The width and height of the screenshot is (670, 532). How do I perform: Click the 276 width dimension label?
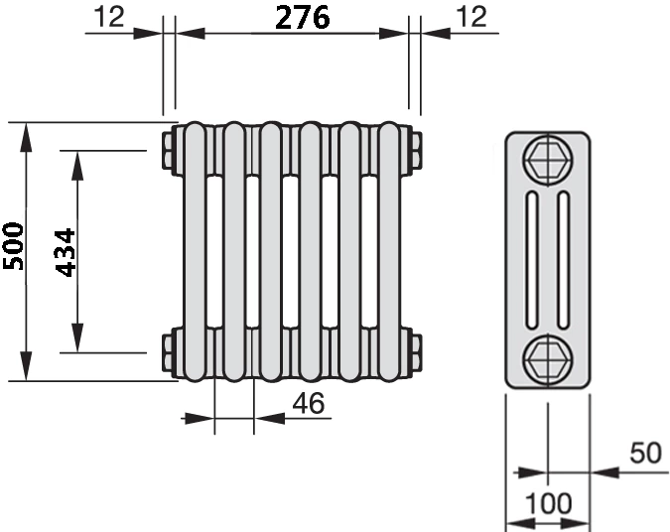[x=302, y=18]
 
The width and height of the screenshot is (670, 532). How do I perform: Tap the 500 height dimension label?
[x=13, y=246]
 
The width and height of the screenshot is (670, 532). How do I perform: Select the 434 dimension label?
[x=66, y=253]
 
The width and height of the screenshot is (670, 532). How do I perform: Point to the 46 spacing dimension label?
[x=309, y=403]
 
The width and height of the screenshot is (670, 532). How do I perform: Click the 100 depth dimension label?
[x=548, y=503]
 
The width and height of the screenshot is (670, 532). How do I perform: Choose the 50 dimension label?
[x=645, y=453]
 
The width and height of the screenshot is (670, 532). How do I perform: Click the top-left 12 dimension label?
[x=109, y=17]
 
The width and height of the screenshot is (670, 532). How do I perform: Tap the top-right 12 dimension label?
[x=471, y=17]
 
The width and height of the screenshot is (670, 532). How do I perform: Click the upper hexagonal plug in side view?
[x=548, y=161]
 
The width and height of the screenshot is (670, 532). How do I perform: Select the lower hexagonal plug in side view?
[x=548, y=358]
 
